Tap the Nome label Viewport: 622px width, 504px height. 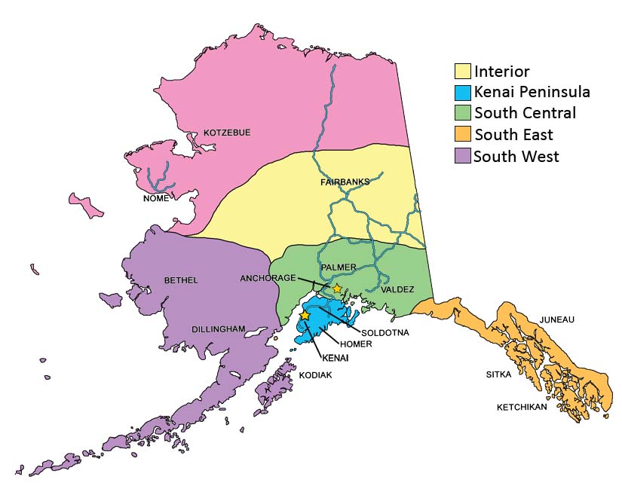point(156,199)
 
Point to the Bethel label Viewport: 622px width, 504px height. point(181,281)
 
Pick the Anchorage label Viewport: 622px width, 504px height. point(268,278)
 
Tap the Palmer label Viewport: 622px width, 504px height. point(338,267)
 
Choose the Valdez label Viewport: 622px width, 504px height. point(397,289)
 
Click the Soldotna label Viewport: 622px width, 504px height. point(385,332)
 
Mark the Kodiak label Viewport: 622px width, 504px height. point(314,374)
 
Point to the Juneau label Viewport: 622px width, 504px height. point(556,319)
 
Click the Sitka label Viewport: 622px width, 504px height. point(499,374)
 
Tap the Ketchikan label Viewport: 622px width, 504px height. point(522,408)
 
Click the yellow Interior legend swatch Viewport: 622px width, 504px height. point(462,72)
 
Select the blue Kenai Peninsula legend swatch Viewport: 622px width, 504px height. point(462,93)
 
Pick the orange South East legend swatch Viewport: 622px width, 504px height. point(462,135)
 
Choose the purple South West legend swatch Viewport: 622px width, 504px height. point(462,156)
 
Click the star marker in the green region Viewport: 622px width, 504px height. point(337,289)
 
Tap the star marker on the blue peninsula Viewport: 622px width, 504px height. point(305,316)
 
